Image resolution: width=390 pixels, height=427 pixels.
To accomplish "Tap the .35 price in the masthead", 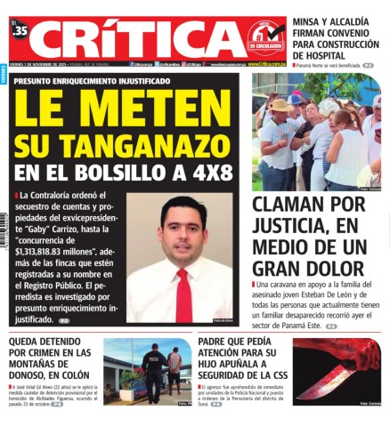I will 20,29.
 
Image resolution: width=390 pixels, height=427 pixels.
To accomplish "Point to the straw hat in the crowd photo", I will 282,105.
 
